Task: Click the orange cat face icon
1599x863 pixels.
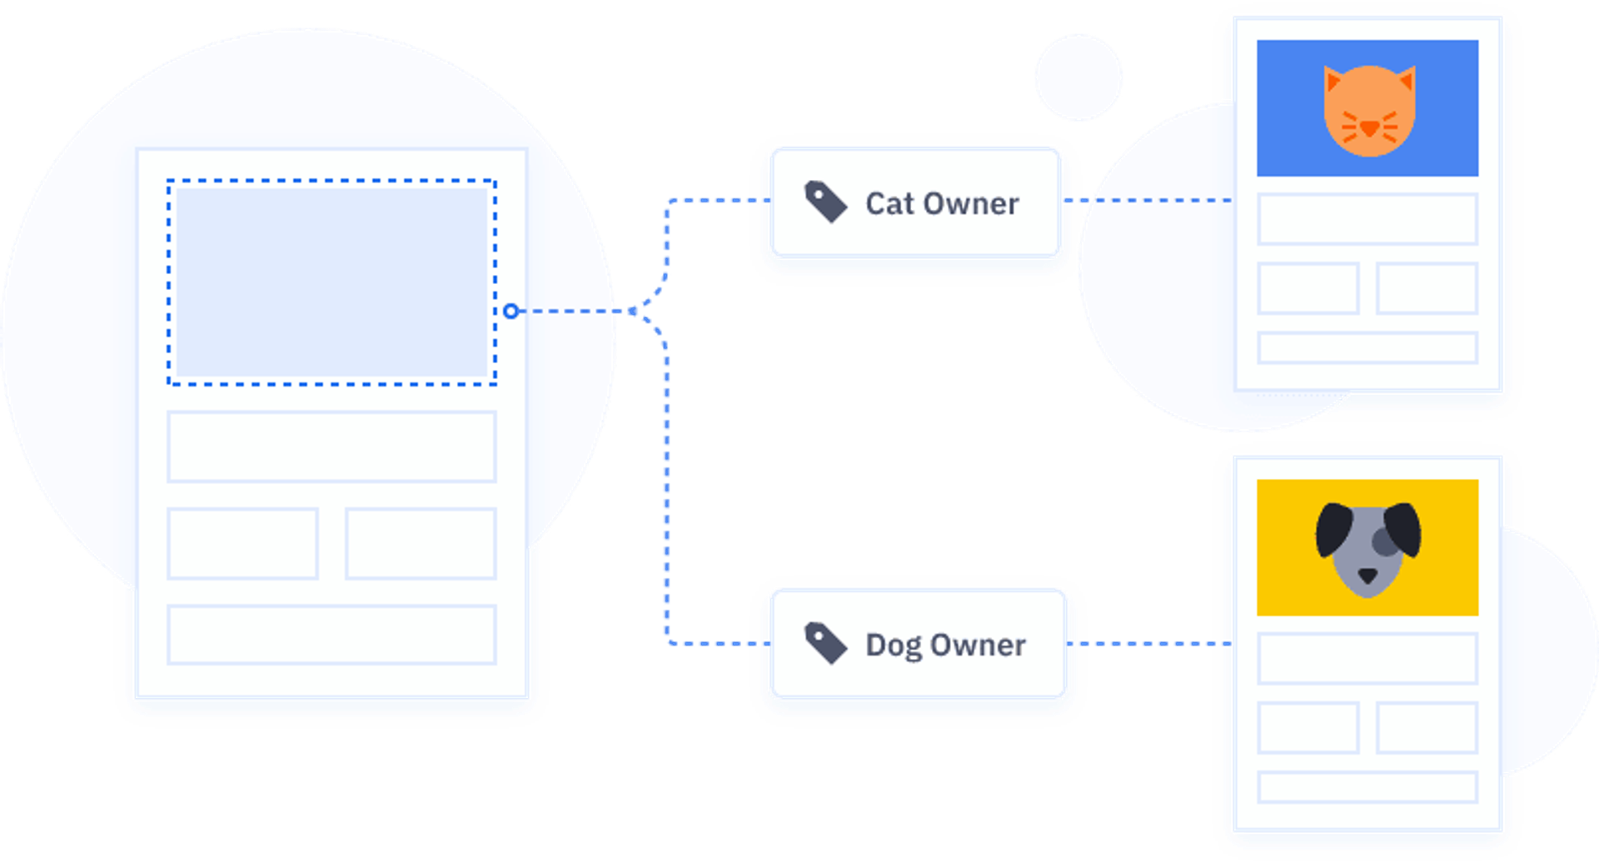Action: [1369, 110]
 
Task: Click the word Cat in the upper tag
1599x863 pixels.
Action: [889, 204]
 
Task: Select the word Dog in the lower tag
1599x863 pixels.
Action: [894, 646]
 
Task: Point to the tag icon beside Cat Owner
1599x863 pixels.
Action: [825, 202]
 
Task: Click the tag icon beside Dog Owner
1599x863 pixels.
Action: [825, 643]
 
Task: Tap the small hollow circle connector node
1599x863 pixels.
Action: [511, 311]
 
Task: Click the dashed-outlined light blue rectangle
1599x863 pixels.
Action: [331, 282]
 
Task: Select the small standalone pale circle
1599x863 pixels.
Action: [1078, 77]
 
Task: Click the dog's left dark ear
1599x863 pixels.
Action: [1333, 528]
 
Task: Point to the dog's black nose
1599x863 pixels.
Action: [1367, 576]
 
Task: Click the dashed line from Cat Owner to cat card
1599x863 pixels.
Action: [1158, 201]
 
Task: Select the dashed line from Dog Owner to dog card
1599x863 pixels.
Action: [1153, 643]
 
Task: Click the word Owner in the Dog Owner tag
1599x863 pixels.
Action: [978, 646]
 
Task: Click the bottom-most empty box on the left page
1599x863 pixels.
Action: [331, 635]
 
